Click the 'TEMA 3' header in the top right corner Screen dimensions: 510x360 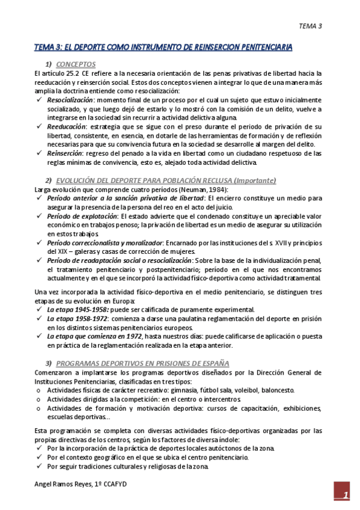click(311, 26)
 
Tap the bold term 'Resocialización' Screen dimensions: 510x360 click(70, 99)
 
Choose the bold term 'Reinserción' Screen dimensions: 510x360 click(65, 153)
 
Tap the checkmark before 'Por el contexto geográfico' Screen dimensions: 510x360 click(39, 457)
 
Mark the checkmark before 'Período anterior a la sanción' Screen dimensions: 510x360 click(39, 198)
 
